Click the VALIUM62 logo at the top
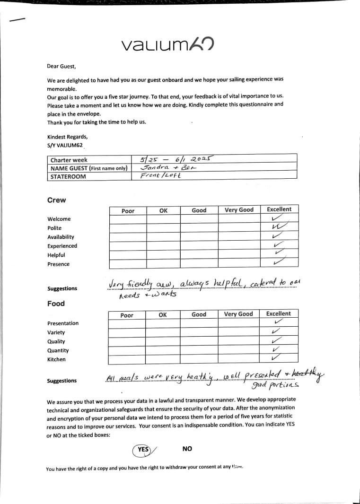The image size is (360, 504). (167, 44)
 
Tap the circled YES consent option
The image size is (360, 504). (142, 450)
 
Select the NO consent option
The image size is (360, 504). (187, 449)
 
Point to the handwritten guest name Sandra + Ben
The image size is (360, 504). (164, 167)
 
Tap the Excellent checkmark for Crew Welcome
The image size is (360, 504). (278, 218)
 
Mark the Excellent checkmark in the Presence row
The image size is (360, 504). (279, 261)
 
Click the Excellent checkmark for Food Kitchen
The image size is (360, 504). (277, 358)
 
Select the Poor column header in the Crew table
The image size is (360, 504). (128, 211)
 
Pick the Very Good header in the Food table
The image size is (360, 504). (238, 314)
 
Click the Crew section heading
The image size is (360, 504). (56, 200)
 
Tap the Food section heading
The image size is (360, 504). (56, 304)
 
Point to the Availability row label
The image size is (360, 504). (61, 237)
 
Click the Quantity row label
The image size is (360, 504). (58, 350)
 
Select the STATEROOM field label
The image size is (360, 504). (68, 177)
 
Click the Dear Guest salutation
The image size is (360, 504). (61, 67)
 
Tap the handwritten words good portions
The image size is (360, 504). (275, 385)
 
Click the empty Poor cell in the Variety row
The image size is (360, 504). (127, 332)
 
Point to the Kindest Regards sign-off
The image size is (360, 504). (67, 137)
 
